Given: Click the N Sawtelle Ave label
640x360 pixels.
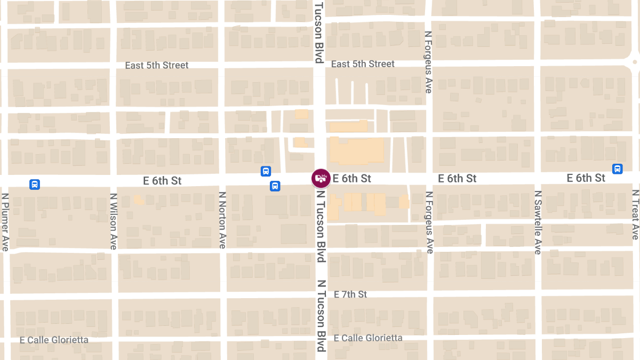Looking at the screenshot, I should tap(538, 222).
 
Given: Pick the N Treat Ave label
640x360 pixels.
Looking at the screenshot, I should tap(635, 215).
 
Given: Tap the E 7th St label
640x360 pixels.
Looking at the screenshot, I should tap(350, 294).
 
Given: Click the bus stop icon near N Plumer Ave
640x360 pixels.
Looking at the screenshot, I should tap(35, 185).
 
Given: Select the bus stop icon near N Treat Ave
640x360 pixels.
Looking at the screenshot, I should tap(618, 169).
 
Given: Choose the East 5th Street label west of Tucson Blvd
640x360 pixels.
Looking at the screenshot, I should tap(157, 66).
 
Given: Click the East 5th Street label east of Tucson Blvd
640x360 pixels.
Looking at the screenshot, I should tap(363, 64).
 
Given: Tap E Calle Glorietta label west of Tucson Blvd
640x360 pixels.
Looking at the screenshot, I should tap(54, 340).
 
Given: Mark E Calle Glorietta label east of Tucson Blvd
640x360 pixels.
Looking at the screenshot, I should tap(368, 338).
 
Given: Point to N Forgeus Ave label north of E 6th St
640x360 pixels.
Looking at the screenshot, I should tap(428, 62).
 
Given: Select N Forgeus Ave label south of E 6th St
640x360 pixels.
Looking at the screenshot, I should tap(429, 222).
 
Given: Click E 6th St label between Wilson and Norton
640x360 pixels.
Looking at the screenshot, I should tap(162, 181).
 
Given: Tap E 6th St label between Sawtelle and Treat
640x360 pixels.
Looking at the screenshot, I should tap(586, 178).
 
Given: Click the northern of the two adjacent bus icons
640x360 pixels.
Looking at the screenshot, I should tap(266, 171).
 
